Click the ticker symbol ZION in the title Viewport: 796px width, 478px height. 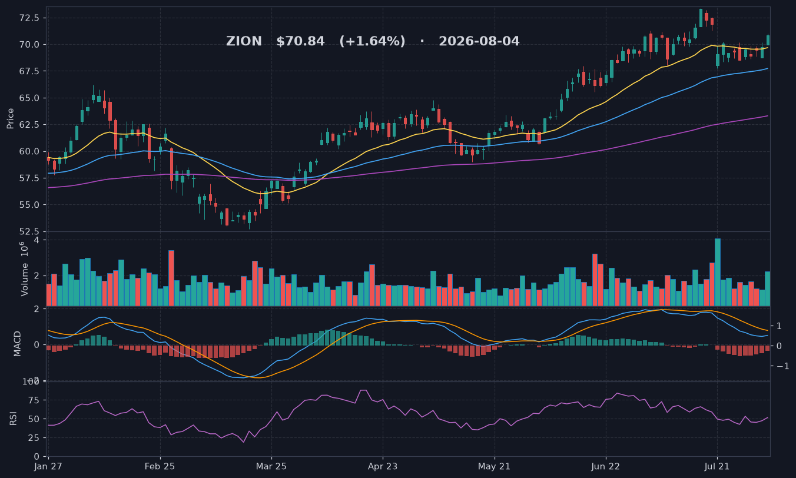[244, 41]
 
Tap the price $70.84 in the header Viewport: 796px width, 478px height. [301, 41]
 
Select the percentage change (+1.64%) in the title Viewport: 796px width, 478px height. [373, 41]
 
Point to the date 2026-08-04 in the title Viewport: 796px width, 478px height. [479, 41]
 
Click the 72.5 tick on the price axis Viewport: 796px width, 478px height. [30, 18]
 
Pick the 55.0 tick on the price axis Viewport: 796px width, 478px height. [30, 205]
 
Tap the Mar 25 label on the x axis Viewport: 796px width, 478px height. [271, 466]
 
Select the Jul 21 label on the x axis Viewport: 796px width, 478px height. [717, 466]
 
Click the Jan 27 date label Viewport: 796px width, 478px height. [48, 466]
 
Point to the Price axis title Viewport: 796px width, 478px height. [10, 118]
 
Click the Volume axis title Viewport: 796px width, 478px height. [24, 269]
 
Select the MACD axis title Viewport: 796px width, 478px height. [17, 344]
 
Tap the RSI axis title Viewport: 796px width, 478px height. [13, 419]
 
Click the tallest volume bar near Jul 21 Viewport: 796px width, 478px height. [718, 272]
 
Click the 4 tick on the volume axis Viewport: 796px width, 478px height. [36, 240]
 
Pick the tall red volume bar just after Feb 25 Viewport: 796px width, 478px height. [171, 278]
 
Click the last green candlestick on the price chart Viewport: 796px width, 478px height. [768, 40]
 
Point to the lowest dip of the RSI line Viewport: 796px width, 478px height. [243, 442]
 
